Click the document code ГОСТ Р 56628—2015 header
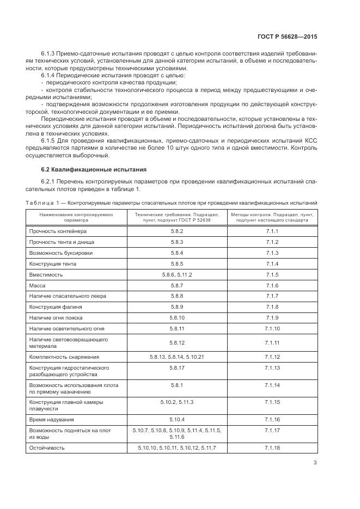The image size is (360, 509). (286, 36)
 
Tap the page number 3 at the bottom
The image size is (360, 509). (315, 463)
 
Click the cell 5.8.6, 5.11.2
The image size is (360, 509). (176, 274)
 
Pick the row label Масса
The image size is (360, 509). (38, 285)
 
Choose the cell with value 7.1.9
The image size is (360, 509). (272, 318)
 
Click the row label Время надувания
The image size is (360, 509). (52, 420)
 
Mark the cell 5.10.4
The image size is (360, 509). (176, 420)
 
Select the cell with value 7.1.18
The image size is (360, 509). (272, 447)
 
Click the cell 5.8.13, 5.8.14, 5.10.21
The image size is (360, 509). (176, 357)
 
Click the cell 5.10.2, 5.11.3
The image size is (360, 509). (176, 402)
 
